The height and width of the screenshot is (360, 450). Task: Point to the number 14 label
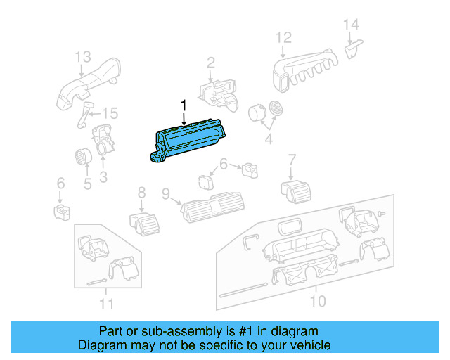point(351,25)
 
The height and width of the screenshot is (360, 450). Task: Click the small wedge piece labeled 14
point(353,49)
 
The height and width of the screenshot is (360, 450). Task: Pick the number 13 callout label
point(83,56)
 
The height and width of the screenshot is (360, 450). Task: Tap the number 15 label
point(110,113)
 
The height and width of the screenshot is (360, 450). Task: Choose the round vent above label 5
point(82,158)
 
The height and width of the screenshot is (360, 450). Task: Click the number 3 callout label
point(103,177)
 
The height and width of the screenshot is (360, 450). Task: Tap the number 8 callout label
point(141,191)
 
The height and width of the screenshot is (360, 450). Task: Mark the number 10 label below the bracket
point(318,302)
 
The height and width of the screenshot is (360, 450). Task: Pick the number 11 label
point(105,304)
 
